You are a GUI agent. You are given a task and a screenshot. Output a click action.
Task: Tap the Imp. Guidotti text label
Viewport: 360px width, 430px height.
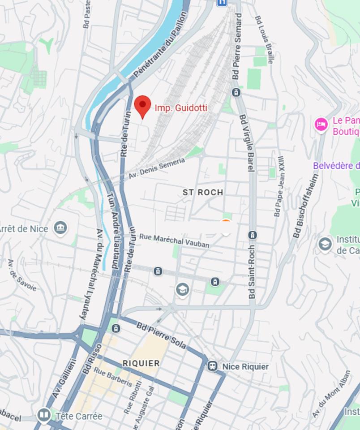point(181,108)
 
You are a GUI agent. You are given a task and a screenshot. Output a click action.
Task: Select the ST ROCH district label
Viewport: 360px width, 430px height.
point(203,192)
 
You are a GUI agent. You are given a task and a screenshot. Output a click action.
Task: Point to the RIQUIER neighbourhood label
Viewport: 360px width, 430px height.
point(141,363)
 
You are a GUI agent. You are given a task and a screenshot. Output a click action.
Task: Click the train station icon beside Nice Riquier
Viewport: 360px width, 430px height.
point(212,366)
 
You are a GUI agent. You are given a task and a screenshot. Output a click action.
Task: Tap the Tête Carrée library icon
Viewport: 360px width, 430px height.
point(44,416)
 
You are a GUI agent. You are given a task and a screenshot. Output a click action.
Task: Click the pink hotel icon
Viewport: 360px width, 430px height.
point(321,124)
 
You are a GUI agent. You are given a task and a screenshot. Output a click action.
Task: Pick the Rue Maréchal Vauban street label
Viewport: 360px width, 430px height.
point(174,240)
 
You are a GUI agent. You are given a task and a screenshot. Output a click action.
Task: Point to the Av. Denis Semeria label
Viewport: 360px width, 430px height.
point(156,168)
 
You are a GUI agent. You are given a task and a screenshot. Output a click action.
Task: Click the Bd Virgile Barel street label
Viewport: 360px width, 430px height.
point(247,143)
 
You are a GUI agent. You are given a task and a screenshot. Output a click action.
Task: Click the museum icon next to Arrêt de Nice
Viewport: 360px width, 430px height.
point(60,228)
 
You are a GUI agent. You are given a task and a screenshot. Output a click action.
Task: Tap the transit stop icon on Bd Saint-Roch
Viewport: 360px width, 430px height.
point(253,235)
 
